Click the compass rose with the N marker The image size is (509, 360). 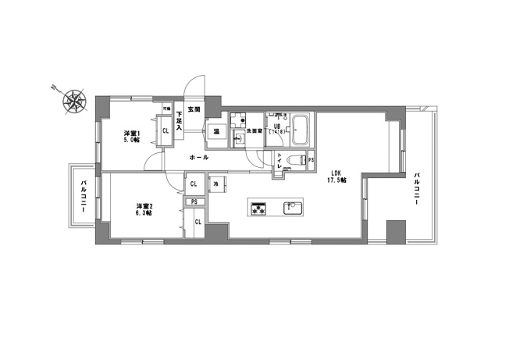click(73, 100)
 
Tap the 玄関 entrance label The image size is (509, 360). click(193, 109)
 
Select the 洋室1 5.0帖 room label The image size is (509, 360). click(130, 137)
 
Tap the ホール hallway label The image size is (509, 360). click(198, 158)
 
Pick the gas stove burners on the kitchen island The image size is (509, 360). click(259, 209)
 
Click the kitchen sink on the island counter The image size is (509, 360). click(293, 208)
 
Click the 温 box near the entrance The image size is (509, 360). click(215, 132)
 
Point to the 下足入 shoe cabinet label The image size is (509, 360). click(179, 120)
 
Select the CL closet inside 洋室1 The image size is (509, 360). click(166, 130)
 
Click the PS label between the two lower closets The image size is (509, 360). click(193, 202)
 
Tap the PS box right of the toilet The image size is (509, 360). click(311, 161)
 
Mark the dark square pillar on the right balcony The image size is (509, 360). click(396, 232)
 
